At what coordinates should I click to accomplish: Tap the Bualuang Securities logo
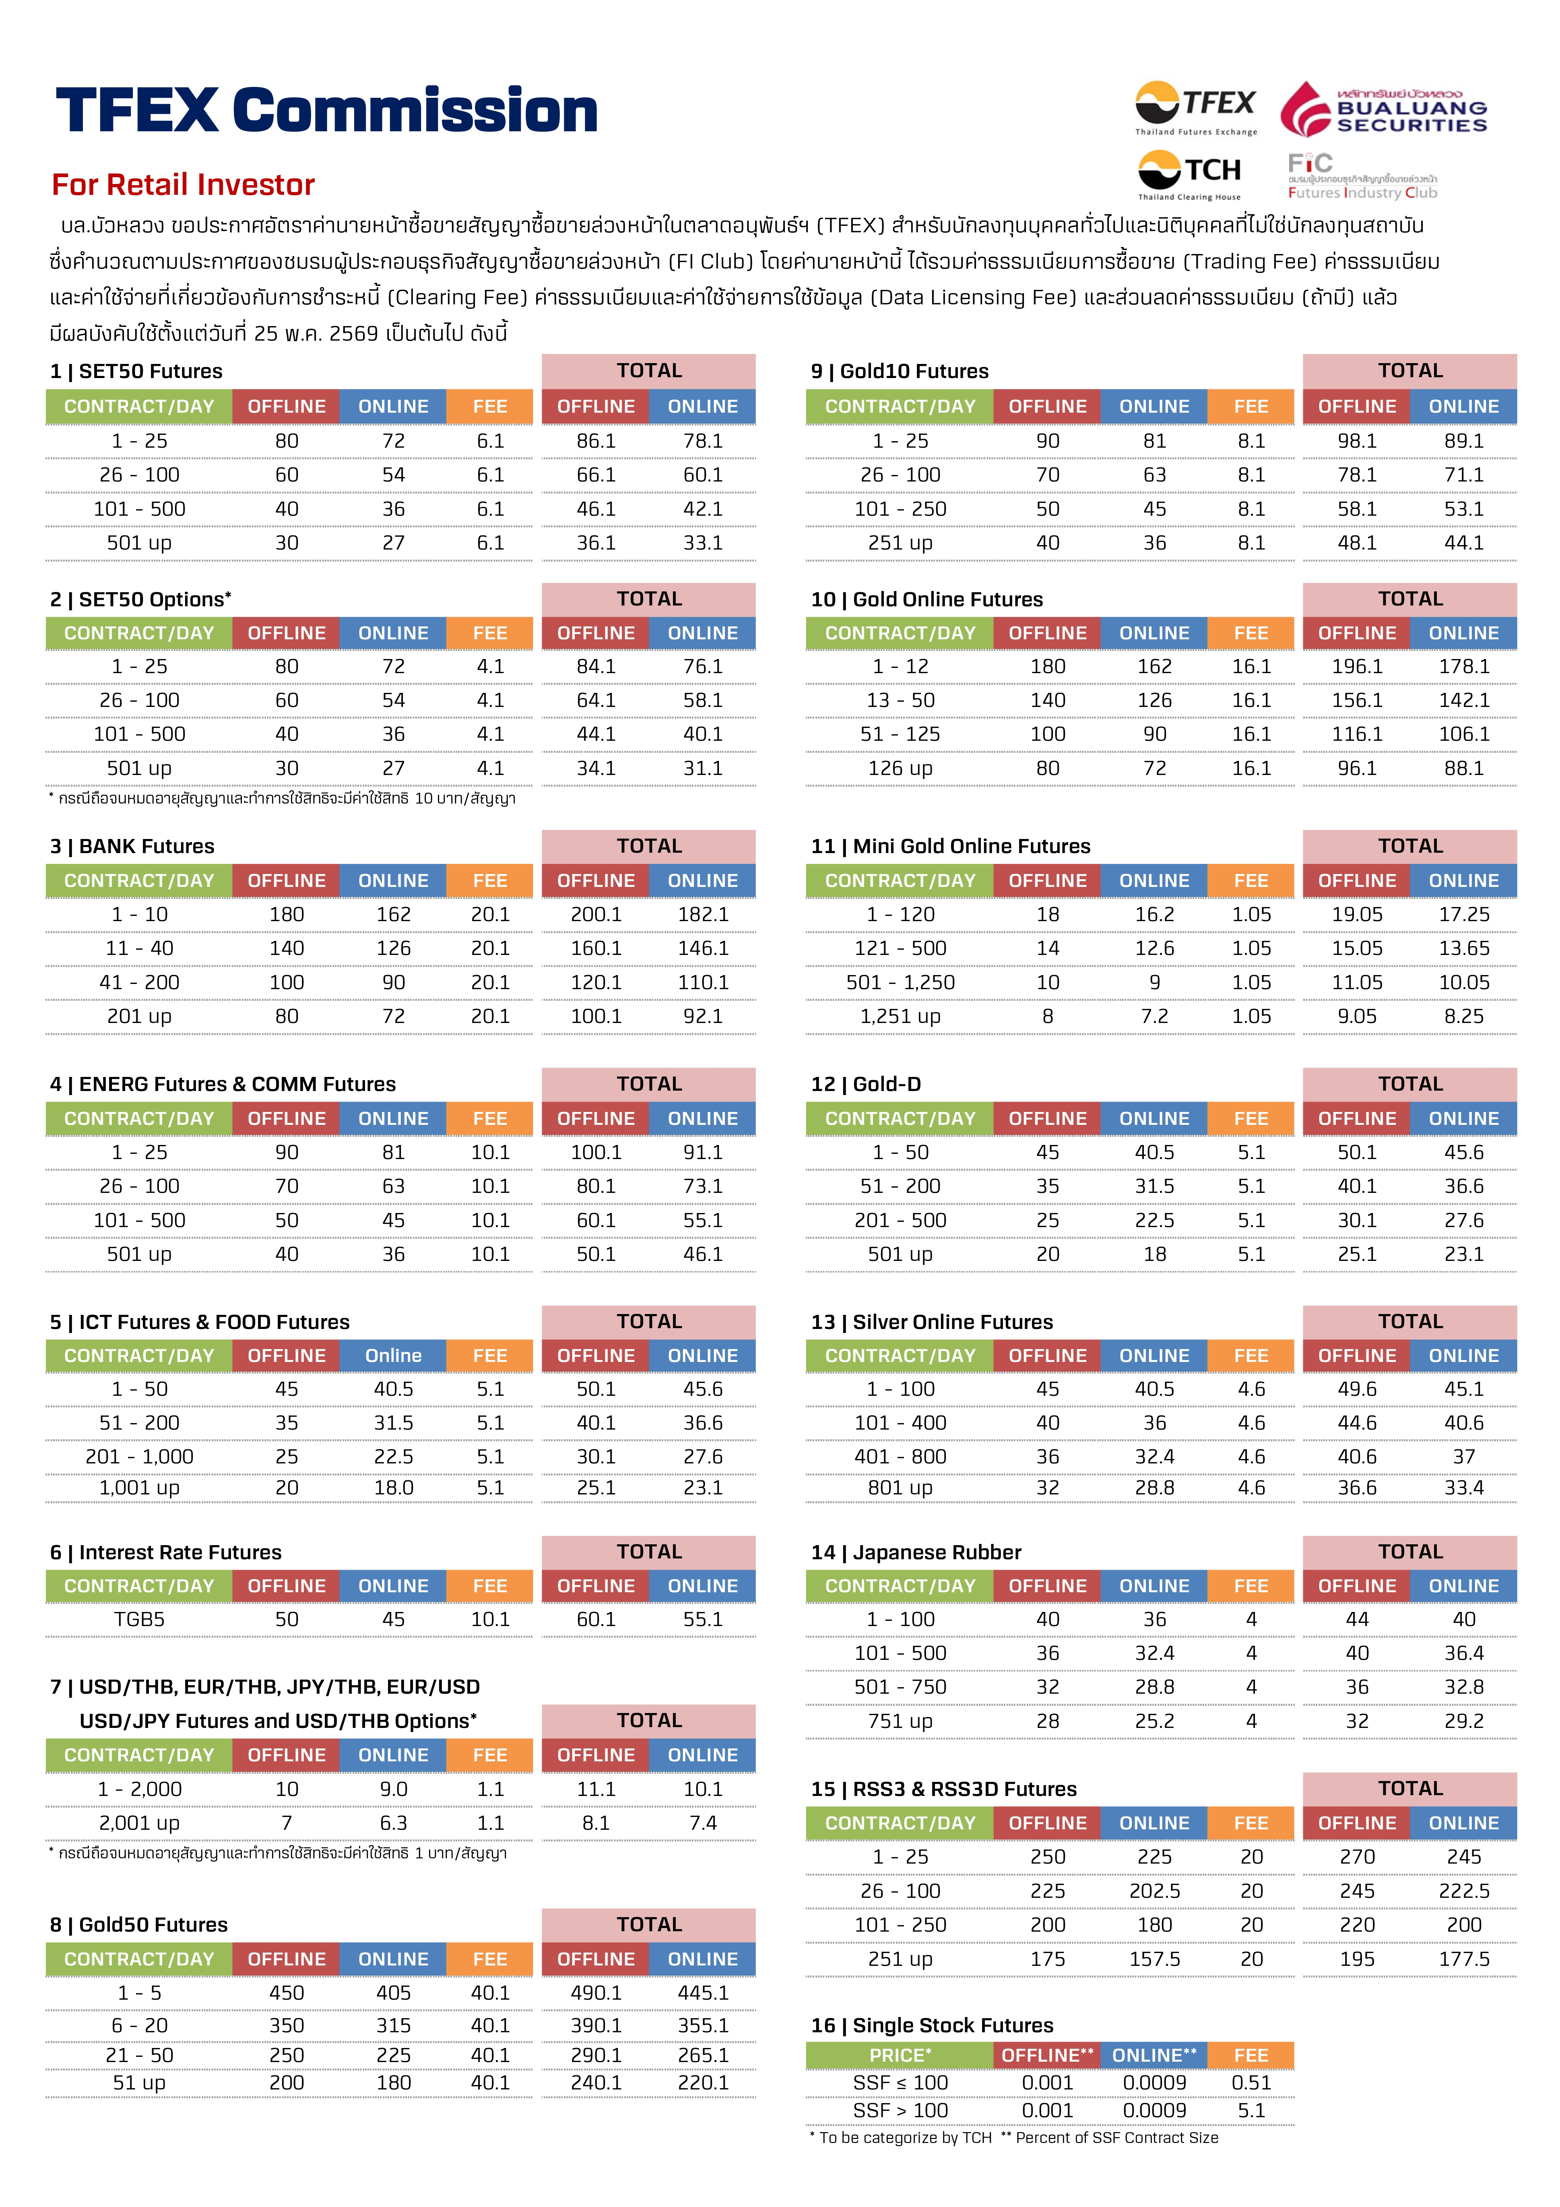[1384, 109]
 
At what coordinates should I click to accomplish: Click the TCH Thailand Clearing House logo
[1190, 175]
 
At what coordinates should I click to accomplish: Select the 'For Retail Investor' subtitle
[184, 184]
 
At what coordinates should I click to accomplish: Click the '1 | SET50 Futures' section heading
[136, 371]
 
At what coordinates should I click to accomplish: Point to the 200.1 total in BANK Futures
[596, 914]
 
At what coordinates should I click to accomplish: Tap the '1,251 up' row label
[901, 1016]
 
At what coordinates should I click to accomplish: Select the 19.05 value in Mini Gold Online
[1357, 914]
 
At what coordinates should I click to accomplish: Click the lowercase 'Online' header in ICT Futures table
[393, 1356]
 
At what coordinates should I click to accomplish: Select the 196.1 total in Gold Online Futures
[1357, 666]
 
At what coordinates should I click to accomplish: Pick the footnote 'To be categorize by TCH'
[906, 2138]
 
